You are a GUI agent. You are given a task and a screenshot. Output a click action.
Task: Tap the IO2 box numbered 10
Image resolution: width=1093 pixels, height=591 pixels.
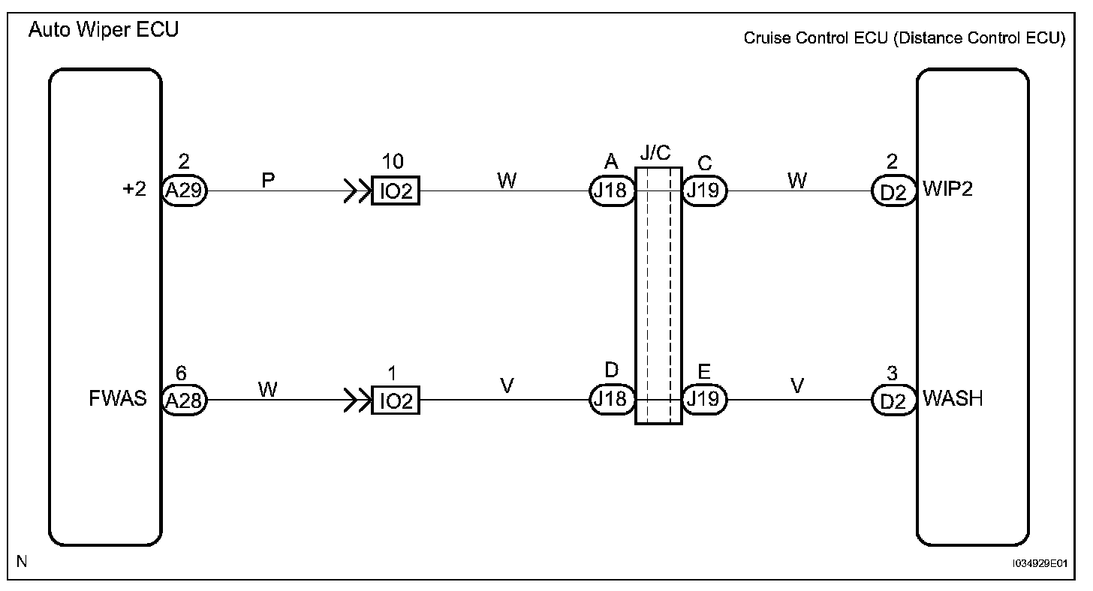point(396,191)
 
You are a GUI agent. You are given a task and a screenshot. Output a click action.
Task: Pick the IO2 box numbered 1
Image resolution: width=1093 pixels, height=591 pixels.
point(396,401)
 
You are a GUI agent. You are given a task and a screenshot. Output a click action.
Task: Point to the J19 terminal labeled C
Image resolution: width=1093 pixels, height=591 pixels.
point(704,191)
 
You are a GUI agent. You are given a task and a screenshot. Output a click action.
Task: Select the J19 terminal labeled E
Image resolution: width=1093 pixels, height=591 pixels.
point(704,400)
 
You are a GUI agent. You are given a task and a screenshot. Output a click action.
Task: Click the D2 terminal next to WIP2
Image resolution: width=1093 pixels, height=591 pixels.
point(893,191)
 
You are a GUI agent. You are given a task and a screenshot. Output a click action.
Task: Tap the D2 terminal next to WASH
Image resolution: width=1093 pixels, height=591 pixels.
point(893,400)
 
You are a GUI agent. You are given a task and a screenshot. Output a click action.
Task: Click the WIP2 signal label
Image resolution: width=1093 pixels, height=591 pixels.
point(947,189)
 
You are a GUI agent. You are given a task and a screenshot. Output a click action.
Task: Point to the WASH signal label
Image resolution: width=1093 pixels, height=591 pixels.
point(952,398)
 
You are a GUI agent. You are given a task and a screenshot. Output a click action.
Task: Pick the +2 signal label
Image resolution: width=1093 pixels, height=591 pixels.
point(134,189)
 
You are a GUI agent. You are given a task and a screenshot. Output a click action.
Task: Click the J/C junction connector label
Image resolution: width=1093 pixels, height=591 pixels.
point(655,154)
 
